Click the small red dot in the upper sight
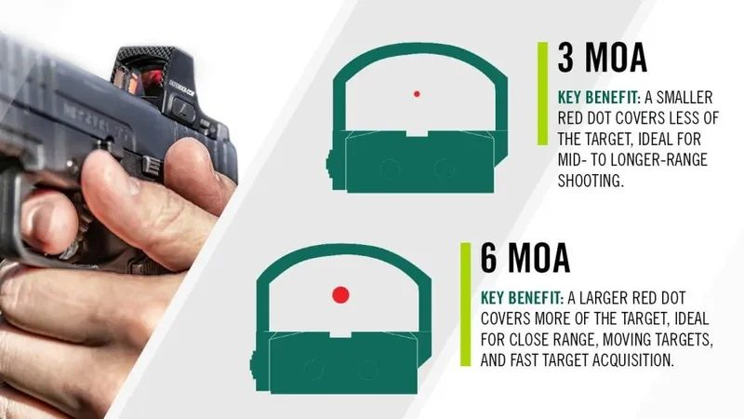click(x=417, y=93)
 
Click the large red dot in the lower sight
click(x=340, y=294)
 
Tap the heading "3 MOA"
click(x=602, y=59)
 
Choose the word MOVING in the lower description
click(x=633, y=339)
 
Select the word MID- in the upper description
click(x=577, y=159)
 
